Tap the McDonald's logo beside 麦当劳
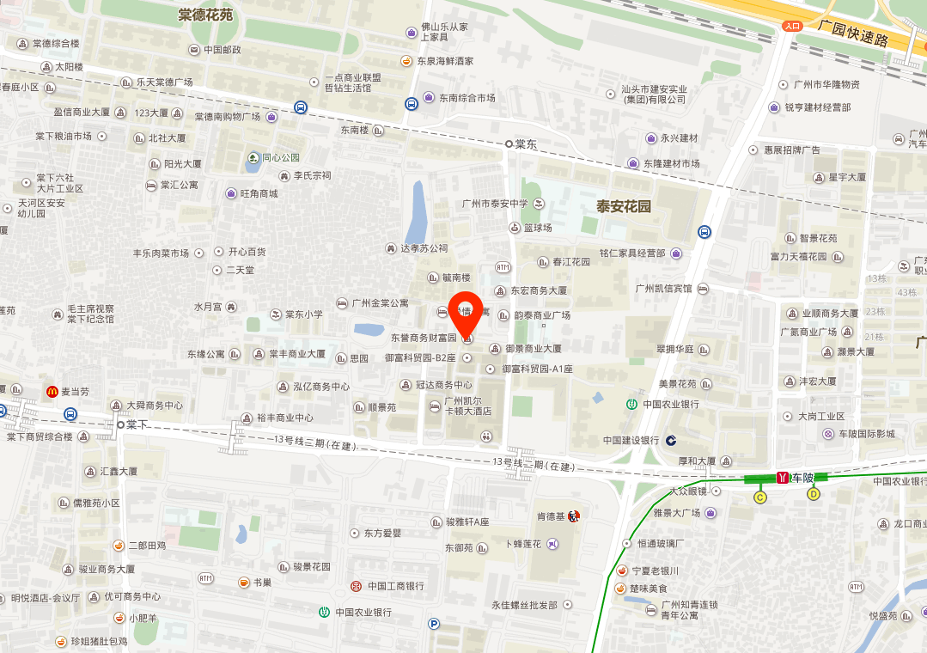click(52, 392)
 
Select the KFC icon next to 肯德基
click(574, 516)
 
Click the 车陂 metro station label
click(802, 477)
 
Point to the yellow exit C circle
click(759, 497)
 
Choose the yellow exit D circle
click(814, 494)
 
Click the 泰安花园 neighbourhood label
click(625, 207)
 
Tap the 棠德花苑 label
click(205, 15)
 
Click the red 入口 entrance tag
click(792, 26)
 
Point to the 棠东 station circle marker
click(509, 144)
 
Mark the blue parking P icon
click(434, 625)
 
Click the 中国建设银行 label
click(631, 440)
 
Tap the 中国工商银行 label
click(395, 586)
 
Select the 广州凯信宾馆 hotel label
click(663, 289)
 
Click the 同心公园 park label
click(281, 157)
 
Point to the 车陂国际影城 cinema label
click(867, 434)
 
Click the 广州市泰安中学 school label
click(493, 203)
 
